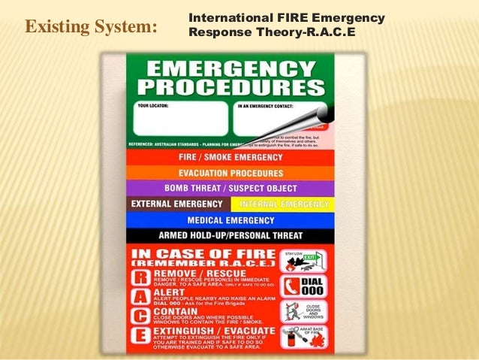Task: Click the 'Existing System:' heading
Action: (92, 28)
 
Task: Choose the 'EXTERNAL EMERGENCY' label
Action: (177, 204)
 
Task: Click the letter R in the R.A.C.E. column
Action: (142, 280)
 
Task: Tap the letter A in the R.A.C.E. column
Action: (142, 298)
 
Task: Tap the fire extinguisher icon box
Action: (305, 337)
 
